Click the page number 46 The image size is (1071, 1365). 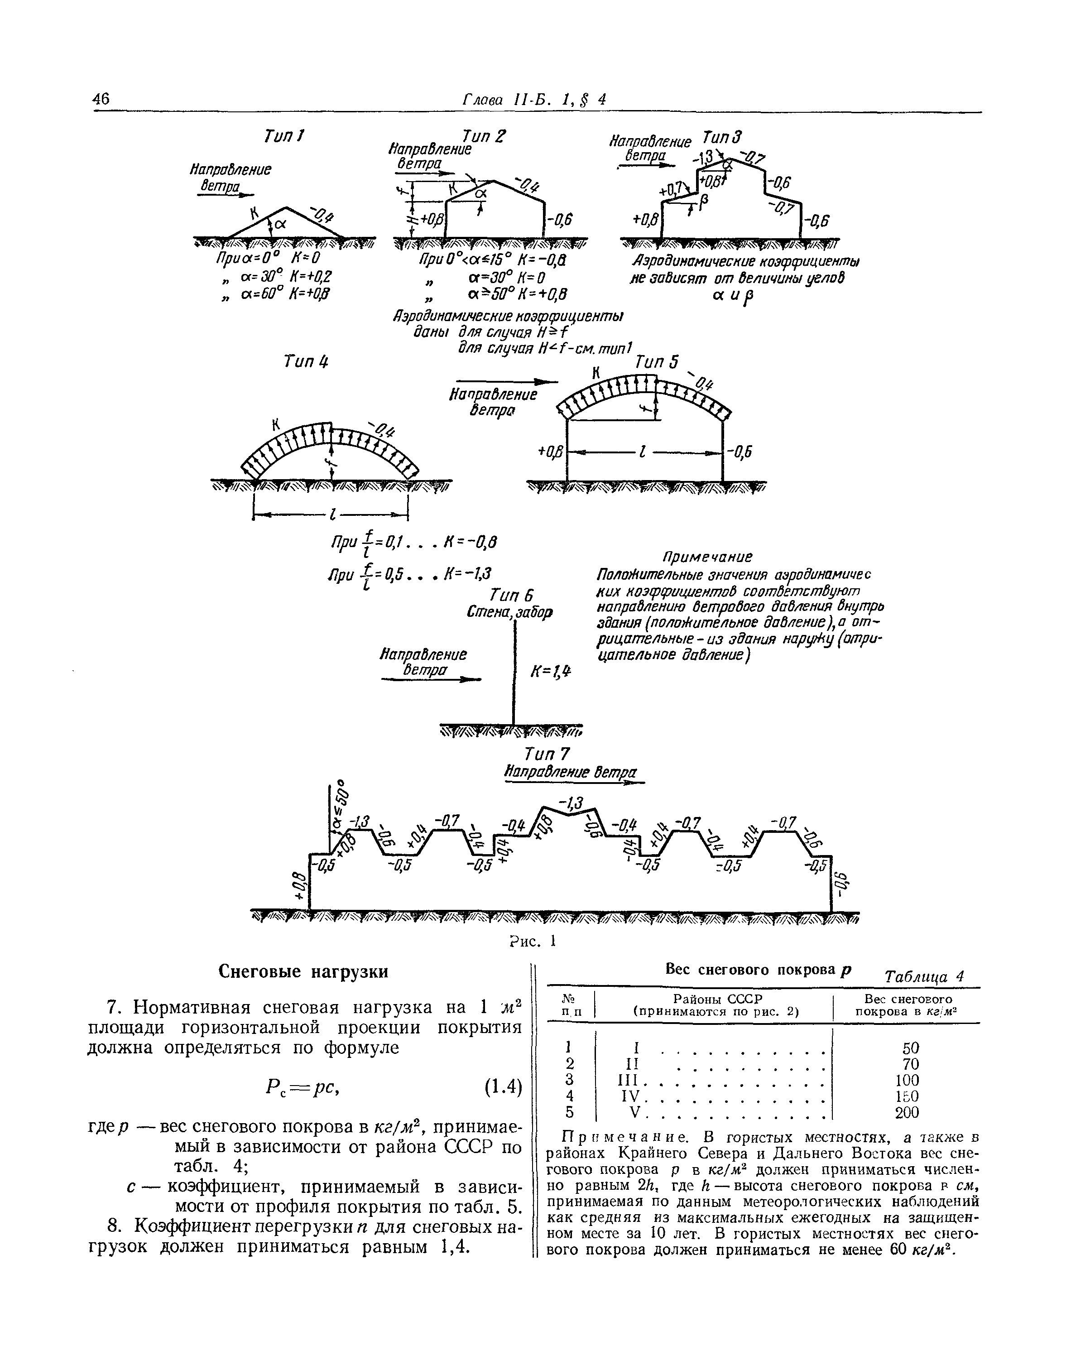(101, 99)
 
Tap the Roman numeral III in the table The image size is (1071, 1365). (628, 1080)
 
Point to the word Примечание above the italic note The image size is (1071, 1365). (707, 557)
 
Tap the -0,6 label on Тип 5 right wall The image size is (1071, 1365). (740, 452)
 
